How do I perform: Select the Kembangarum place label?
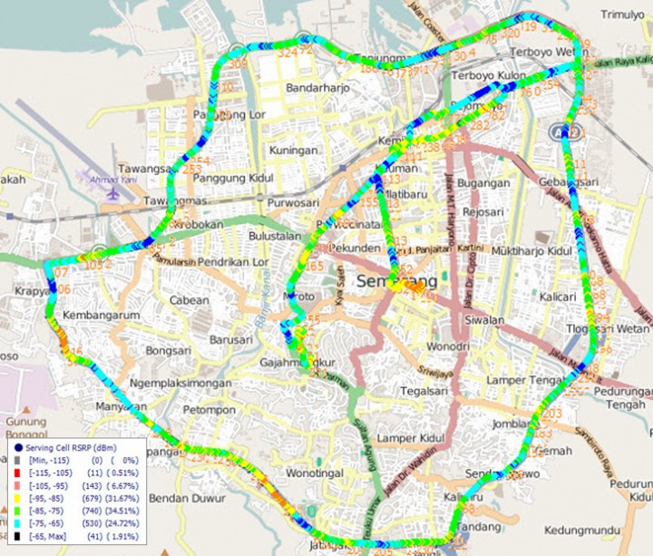click(100, 315)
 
